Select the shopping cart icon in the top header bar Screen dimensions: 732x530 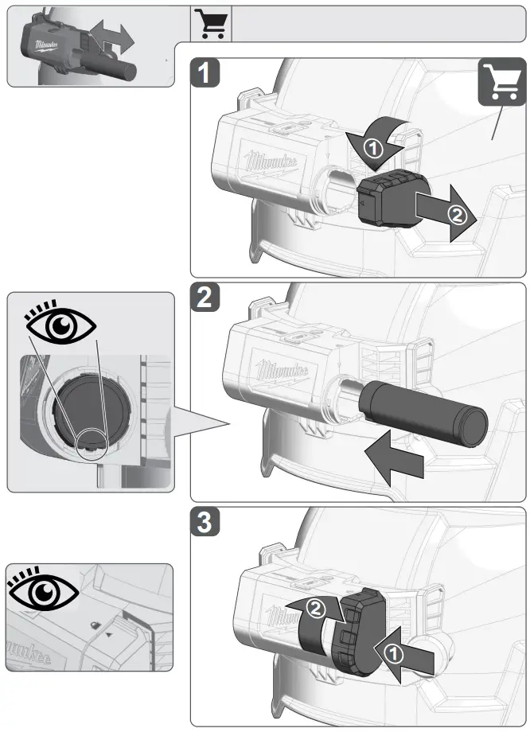click(x=212, y=24)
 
